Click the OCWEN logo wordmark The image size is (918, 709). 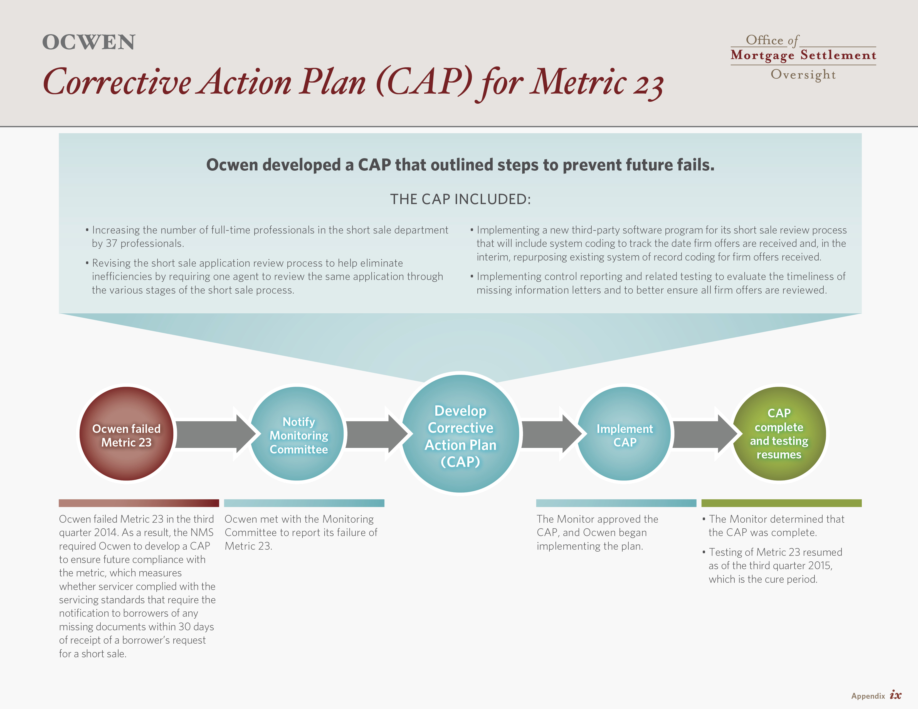coord(89,42)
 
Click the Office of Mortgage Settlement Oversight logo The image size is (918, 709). coord(803,57)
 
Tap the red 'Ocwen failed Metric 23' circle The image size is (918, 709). coord(127,433)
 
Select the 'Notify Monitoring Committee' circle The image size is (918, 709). coord(297,433)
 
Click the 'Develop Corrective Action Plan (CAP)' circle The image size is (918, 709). coord(461,433)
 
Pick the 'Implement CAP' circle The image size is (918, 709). coord(624,433)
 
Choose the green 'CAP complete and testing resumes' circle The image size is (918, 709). coord(779,433)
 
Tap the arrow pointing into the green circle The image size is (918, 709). coord(705,434)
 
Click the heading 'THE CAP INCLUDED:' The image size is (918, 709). coord(461,199)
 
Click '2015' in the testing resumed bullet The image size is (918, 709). coord(819,566)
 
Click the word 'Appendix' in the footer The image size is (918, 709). coord(868,696)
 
